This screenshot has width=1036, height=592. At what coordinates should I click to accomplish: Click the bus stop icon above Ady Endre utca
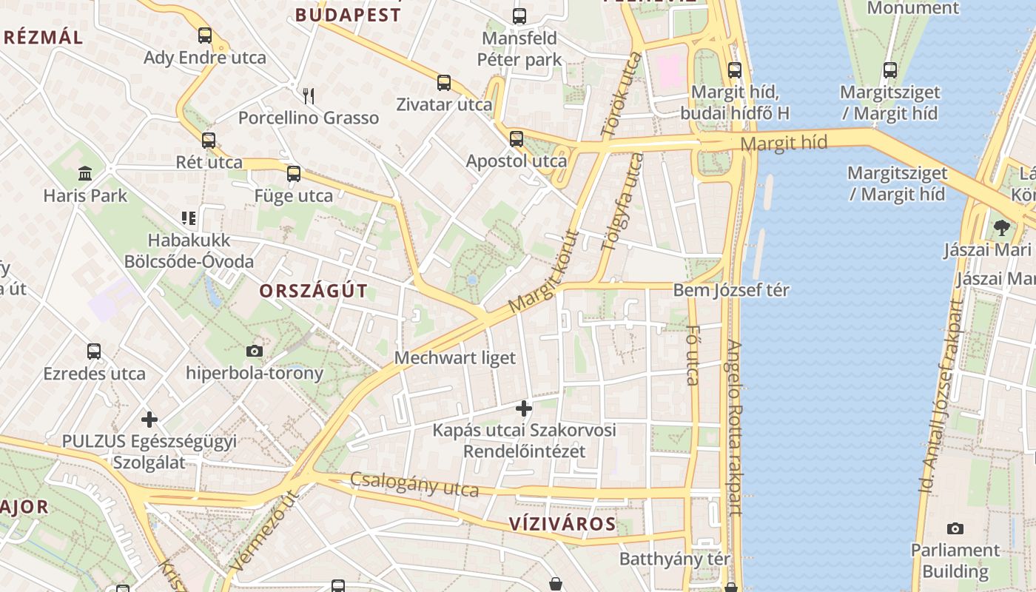(205, 35)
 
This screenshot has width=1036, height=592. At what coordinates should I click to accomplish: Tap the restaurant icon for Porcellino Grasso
(309, 95)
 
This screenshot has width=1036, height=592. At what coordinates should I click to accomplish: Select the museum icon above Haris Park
(85, 174)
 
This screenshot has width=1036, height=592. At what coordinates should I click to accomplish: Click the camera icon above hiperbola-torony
(255, 351)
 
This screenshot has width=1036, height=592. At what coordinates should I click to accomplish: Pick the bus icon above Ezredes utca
(94, 351)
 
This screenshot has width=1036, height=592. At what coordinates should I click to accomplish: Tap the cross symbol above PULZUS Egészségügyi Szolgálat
(149, 420)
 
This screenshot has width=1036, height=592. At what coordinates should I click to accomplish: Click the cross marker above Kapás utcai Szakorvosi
(524, 408)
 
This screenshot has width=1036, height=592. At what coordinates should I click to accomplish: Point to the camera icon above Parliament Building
(955, 528)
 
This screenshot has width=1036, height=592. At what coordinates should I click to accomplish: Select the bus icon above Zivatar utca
(444, 82)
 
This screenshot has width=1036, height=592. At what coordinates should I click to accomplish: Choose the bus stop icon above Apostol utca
(517, 138)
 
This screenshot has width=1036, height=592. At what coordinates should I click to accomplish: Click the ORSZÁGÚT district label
(313, 291)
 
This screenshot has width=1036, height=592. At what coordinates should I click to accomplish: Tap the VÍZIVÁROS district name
(562, 524)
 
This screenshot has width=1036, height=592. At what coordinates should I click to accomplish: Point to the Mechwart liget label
(455, 358)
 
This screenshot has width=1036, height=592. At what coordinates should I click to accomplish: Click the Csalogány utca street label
(414, 484)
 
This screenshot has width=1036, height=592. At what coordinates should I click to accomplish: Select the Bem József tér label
(731, 290)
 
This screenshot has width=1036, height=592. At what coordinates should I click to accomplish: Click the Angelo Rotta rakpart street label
(734, 427)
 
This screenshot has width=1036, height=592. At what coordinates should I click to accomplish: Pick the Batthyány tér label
(675, 559)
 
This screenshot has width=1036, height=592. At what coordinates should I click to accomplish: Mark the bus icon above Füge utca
(294, 174)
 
